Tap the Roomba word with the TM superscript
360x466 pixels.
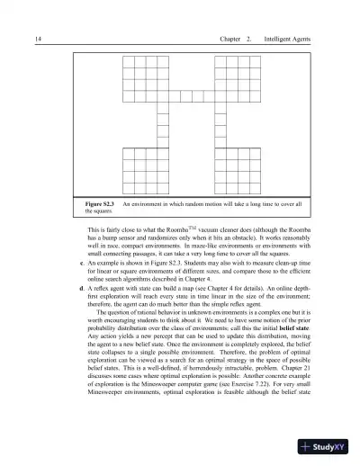coord(159,233)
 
